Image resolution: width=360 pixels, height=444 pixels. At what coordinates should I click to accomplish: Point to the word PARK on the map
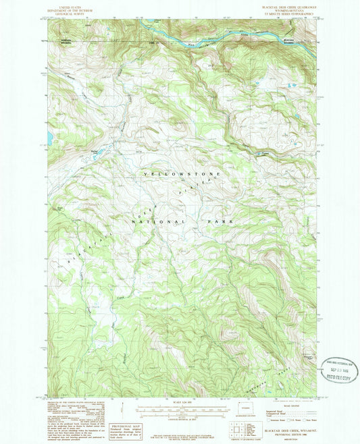pyautogui.click(x=221, y=221)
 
